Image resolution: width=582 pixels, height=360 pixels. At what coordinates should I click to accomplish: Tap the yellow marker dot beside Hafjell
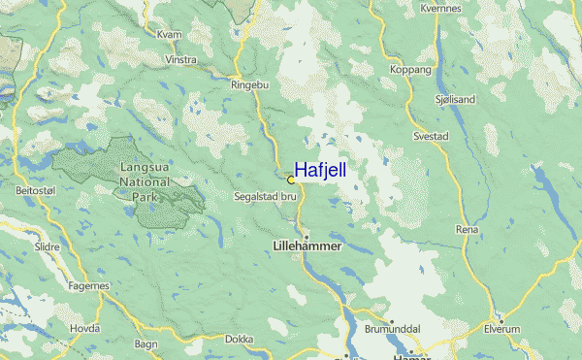tap(291, 180)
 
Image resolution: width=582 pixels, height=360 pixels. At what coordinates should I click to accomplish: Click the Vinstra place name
tap(181, 59)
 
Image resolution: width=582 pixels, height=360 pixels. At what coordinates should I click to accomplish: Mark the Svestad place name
tap(432, 137)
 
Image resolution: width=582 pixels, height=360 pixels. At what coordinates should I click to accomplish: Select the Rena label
tap(467, 229)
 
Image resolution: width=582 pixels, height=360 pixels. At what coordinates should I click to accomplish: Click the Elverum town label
tap(503, 330)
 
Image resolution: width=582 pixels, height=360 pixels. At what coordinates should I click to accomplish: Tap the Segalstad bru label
tap(265, 196)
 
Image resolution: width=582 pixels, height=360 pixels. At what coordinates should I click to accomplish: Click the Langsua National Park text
tap(145, 181)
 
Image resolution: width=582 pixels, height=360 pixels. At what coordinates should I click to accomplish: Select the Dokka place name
tap(238, 340)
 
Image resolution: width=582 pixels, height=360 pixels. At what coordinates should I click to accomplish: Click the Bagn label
tap(146, 344)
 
